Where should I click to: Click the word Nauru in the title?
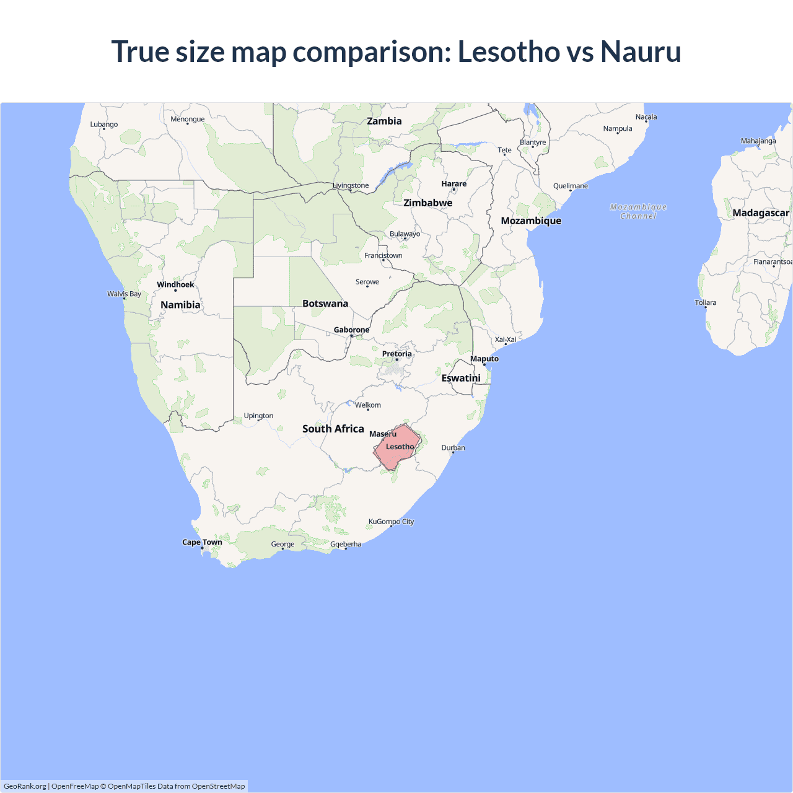click(641, 51)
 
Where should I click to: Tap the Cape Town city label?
click(202, 542)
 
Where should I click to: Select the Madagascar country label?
click(760, 213)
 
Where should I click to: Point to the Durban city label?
click(453, 448)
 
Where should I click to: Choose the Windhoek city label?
click(175, 285)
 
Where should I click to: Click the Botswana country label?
click(325, 304)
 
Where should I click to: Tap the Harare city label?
click(453, 184)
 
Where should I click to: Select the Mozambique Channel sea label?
click(638, 211)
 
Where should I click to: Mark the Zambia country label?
click(384, 121)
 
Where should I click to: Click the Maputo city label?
click(484, 359)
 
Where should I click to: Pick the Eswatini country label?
click(461, 378)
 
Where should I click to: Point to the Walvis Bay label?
click(124, 294)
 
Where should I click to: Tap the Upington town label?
click(258, 416)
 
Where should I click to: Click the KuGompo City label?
click(391, 522)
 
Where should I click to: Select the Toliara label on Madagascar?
click(705, 303)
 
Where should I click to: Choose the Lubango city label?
click(103, 125)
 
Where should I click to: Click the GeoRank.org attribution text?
click(25, 786)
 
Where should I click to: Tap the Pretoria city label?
click(396, 354)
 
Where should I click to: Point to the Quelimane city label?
click(570, 186)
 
